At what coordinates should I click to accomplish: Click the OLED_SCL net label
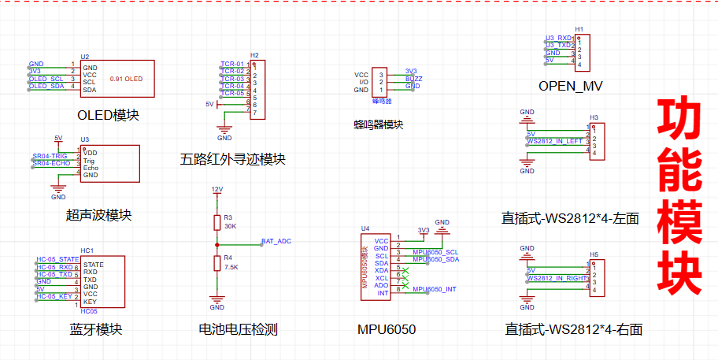tap(46, 79)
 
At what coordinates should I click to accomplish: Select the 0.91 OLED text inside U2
tap(126, 79)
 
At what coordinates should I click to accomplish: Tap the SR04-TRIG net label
tap(50, 157)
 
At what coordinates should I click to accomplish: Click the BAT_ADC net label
tap(276, 241)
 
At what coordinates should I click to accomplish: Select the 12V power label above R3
tap(217, 190)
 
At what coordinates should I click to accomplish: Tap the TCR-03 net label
tap(232, 79)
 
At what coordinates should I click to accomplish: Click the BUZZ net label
tap(413, 79)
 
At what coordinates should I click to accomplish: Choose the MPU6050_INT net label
tap(434, 289)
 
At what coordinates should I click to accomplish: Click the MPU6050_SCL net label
tap(435, 252)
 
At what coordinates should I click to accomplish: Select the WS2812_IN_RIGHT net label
tap(557, 277)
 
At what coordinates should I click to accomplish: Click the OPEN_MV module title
tap(570, 85)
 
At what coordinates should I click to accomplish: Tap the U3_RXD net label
tap(559, 38)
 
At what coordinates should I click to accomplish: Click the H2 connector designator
tap(254, 56)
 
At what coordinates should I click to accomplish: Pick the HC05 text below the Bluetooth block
tap(88, 311)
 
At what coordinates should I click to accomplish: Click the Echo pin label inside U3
tap(91, 167)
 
